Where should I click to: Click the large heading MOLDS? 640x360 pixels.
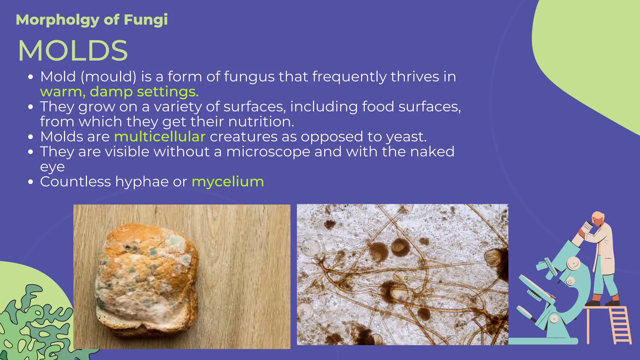(x=73, y=51)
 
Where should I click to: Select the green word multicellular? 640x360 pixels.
(x=160, y=137)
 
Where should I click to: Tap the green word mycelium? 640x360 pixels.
(x=227, y=182)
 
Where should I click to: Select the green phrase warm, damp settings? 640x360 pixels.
(x=119, y=92)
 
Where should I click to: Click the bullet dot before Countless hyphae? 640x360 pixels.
(x=30, y=182)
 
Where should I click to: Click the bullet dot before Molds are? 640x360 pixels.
(x=30, y=137)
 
